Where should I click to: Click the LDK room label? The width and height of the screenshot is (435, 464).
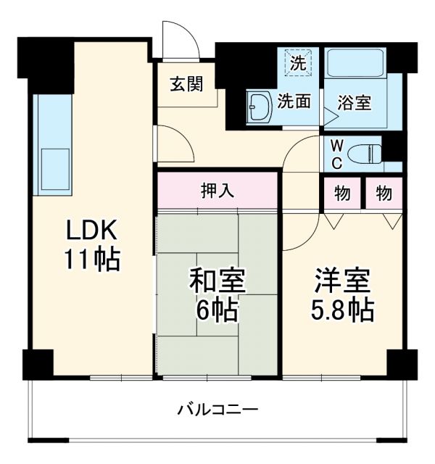pos(91,231)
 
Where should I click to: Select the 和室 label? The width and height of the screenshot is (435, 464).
pos(217,279)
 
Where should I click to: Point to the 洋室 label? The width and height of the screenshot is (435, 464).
pos(342,279)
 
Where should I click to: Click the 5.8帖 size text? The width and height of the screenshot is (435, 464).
pos(344,310)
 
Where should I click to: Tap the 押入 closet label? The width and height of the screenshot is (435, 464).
pos(217,191)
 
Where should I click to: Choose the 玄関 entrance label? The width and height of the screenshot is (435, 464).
pos(187,84)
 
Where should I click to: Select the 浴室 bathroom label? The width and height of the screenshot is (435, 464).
pos(355,102)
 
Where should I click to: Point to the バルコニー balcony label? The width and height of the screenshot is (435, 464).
pos(218,410)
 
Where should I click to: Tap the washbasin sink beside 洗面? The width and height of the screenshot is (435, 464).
pos(258,109)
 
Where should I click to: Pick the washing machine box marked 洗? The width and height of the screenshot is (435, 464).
pos(297,62)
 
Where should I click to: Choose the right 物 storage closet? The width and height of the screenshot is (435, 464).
pos(384,194)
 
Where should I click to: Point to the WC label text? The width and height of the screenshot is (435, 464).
pos(337,154)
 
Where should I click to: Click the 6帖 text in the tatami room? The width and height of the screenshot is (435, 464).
pos(217,310)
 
